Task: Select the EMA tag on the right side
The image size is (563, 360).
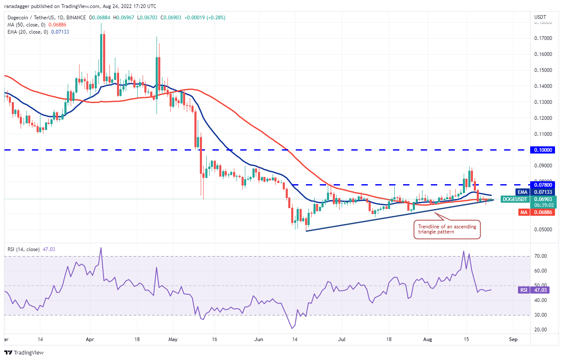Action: point(523,192)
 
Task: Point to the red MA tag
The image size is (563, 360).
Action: point(523,212)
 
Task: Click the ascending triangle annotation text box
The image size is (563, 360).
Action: point(447,230)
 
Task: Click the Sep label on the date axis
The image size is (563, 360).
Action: point(513,338)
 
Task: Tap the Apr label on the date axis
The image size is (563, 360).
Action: point(89,338)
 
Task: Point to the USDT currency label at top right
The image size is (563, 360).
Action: point(540,17)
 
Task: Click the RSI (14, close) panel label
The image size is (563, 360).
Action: point(24,249)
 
